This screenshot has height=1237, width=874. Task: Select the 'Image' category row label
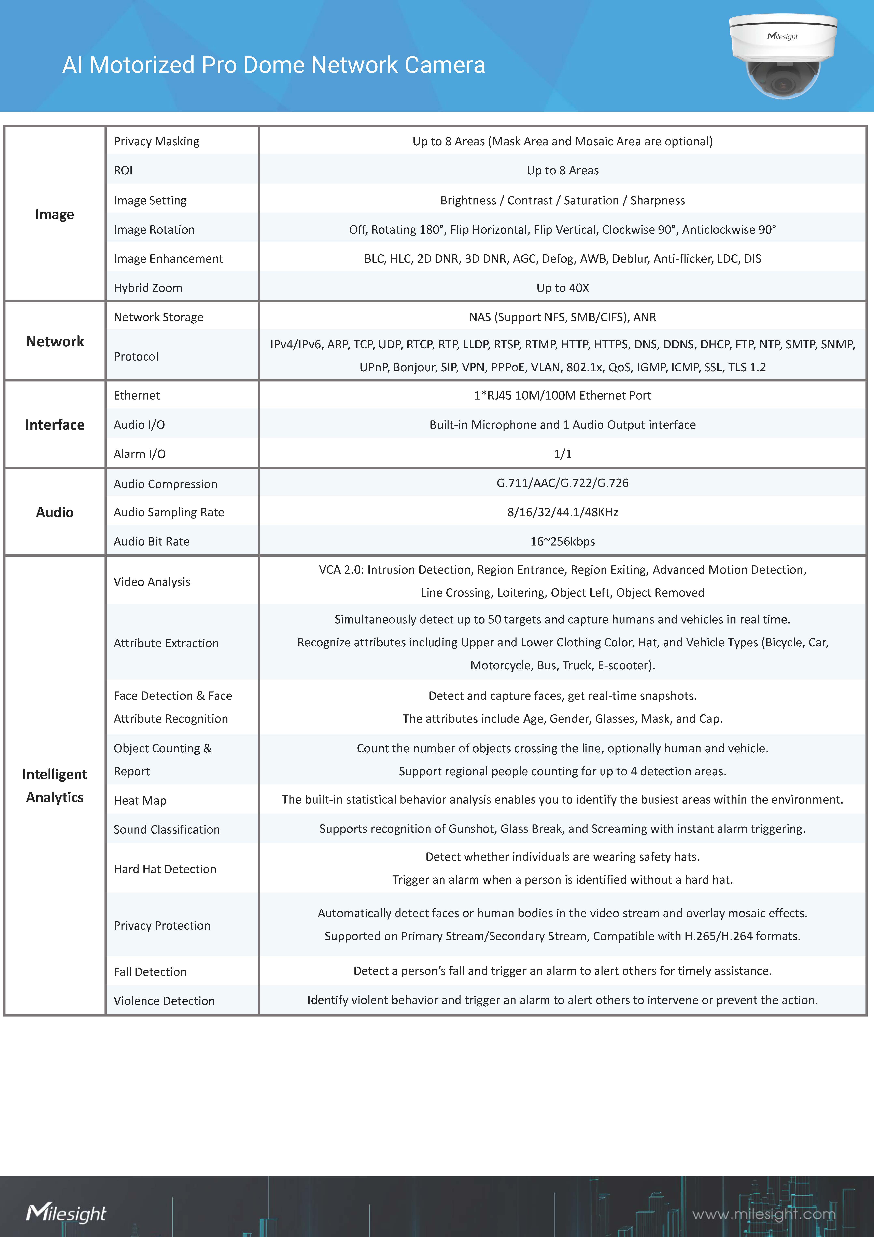pos(54,214)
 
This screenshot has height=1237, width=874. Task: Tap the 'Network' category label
pos(55,341)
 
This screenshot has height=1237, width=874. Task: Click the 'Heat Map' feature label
pos(139,801)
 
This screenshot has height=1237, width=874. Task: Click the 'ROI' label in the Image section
pos(123,170)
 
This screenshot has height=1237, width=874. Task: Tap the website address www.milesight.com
pos(764,1214)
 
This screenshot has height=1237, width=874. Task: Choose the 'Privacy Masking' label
pos(156,141)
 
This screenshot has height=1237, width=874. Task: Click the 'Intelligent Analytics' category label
pos(54,785)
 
